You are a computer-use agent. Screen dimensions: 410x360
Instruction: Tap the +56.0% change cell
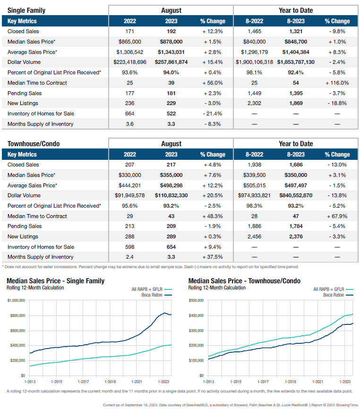tap(212, 83)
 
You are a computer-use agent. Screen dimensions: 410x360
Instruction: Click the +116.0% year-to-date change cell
tap(337, 83)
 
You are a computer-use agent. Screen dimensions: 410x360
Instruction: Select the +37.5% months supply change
tap(212, 257)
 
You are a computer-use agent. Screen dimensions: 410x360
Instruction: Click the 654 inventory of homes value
tap(171, 247)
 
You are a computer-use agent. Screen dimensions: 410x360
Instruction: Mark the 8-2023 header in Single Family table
tap(296, 21)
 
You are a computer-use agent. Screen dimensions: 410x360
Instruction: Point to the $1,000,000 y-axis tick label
tap(17, 300)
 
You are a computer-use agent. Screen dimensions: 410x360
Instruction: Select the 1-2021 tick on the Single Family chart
tap(137, 381)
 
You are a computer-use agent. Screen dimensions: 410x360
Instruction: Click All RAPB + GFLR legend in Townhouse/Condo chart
tap(329, 289)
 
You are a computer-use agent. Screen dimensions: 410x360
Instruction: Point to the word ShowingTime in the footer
tap(343, 405)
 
